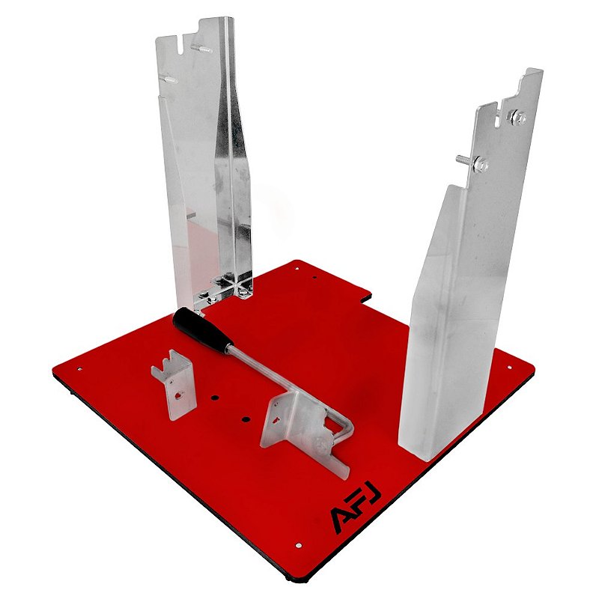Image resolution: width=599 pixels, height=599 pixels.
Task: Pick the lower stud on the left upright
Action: click(x=168, y=79)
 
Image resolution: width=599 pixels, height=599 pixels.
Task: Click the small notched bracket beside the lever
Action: click(x=174, y=384)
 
